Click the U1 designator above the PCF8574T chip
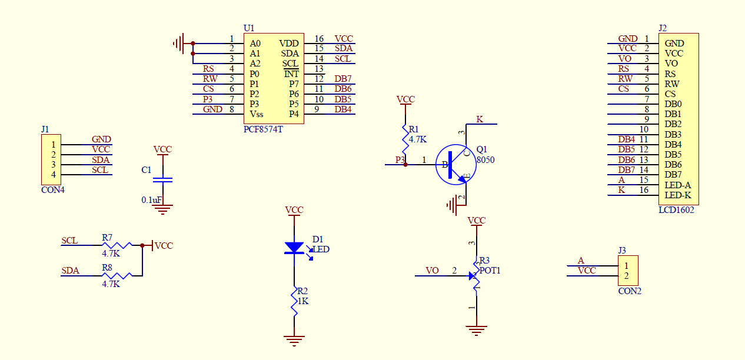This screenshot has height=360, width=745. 249,28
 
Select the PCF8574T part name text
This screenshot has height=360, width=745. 263,129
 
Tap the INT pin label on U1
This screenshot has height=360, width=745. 291,74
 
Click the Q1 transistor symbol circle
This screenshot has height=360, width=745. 452,164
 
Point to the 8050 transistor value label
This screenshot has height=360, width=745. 485,159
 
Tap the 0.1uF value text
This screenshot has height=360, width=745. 151,200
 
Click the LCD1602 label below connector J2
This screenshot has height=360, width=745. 676,209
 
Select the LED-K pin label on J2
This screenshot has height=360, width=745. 678,195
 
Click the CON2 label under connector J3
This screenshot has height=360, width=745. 630,291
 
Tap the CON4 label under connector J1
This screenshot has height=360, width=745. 53,189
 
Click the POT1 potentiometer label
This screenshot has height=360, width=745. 490,271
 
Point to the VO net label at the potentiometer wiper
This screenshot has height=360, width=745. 432,271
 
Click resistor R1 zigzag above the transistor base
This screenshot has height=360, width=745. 405,139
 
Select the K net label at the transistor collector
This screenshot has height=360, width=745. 480,119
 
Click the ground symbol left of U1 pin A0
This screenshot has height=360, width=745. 178,43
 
